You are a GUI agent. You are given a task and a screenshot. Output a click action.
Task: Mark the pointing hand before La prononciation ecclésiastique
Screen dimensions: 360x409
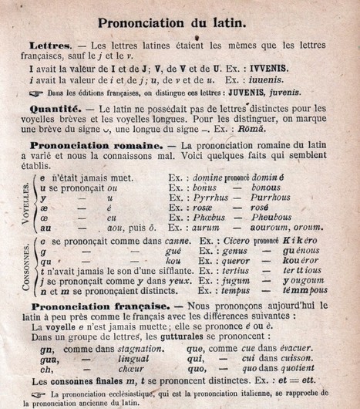pos(36,392)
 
